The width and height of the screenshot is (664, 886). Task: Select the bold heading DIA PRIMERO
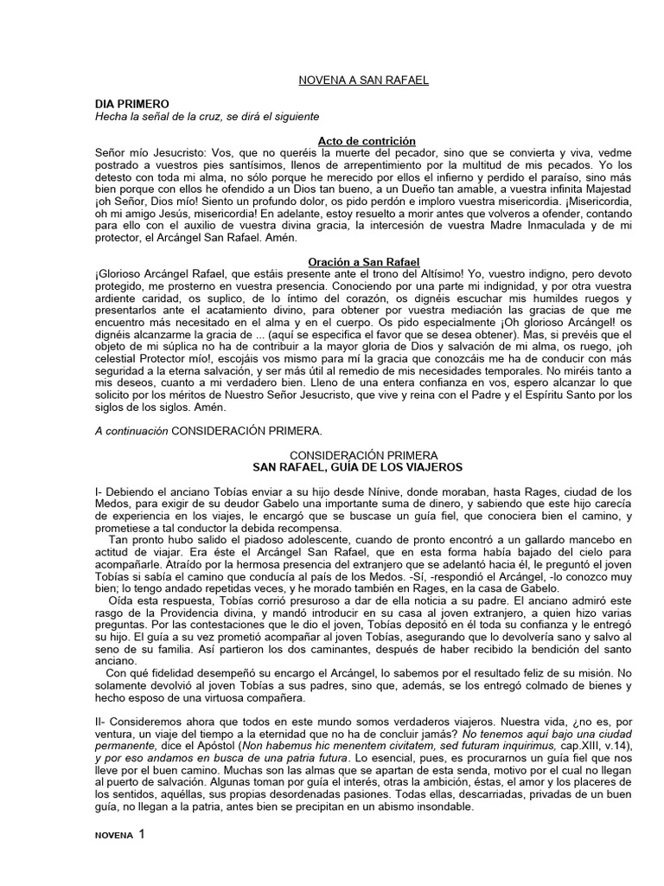(x=132, y=103)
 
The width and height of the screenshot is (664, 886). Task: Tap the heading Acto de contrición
(x=354, y=140)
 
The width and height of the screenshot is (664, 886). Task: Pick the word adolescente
(x=262, y=539)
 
